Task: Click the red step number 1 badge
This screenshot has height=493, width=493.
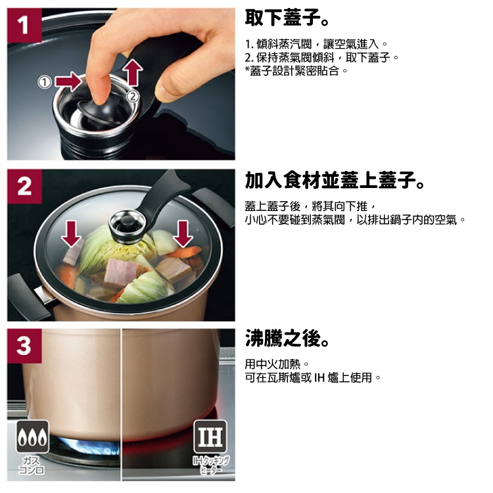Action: point(24,26)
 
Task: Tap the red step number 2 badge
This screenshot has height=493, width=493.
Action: point(24,187)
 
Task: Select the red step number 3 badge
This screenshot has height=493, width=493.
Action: point(24,346)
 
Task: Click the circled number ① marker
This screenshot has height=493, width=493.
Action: point(45,82)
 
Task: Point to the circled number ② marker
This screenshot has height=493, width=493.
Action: point(133,96)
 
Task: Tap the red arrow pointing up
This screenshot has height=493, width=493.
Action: point(133,72)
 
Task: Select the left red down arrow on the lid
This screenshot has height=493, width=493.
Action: point(72,233)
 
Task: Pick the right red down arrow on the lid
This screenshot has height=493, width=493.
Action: point(183,233)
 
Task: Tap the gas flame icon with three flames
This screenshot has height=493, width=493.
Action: point(33,436)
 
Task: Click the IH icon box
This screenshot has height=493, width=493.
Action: point(210,436)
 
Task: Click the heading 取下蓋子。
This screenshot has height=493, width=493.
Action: point(287,18)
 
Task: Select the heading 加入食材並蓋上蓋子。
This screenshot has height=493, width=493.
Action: point(335,180)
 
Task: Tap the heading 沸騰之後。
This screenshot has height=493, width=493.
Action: point(287,338)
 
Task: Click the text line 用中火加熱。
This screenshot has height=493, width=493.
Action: point(277,364)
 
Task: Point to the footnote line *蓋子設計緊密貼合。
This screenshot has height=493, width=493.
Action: point(296,71)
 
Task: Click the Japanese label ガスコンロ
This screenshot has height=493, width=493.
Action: point(32,465)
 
